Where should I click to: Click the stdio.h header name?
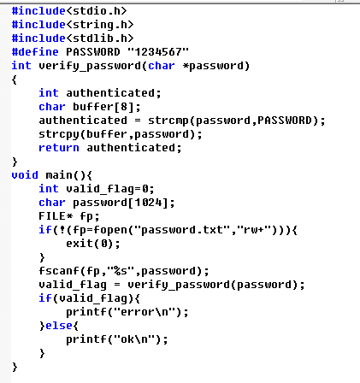point(97,11)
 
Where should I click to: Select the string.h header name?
point(100,25)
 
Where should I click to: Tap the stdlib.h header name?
point(100,38)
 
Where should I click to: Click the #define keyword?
point(35,52)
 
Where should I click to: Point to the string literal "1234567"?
point(158,52)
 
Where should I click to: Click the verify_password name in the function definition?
point(90,66)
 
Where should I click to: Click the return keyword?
point(59,148)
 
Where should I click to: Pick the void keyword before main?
point(25,175)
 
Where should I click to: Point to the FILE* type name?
point(56,216)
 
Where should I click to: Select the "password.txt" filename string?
point(182,230)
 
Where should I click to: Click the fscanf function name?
point(59,271)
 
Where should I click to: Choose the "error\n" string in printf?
point(145,312)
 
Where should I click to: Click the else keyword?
point(59,326)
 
